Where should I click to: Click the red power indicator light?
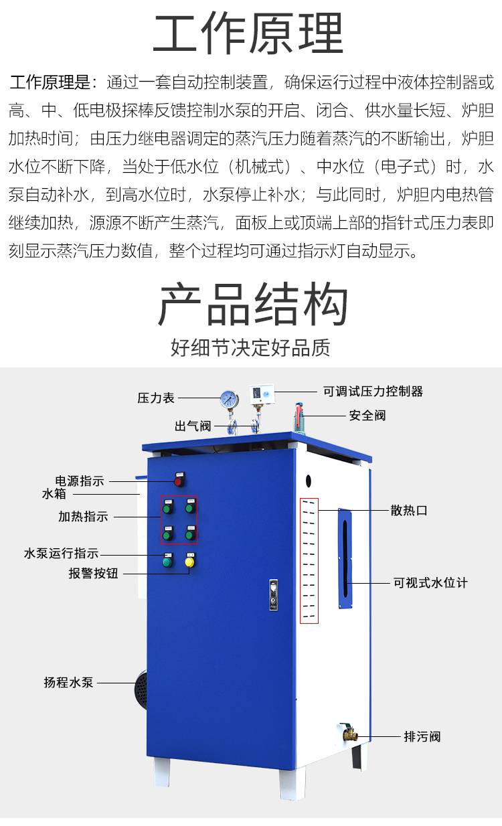pos(179,481)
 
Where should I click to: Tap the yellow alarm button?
pos(189,562)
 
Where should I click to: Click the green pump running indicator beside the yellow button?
pos(167,562)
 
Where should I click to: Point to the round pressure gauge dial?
pos(229,400)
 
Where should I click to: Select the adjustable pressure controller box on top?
pos(262,394)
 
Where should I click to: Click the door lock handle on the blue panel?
pos(273,595)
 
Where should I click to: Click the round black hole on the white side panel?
pos(309,481)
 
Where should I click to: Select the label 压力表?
pos(156,398)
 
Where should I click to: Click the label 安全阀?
pos(367,416)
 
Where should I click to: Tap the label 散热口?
pos(409,510)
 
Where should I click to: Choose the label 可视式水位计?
pos(430,583)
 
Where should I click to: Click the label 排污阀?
pos(422,737)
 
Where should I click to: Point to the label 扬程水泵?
pos(68,683)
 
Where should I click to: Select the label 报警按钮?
pos(93,574)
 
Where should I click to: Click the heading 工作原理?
pos(248,33)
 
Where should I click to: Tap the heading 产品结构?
pos(253,304)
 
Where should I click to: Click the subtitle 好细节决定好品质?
pos(250,347)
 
